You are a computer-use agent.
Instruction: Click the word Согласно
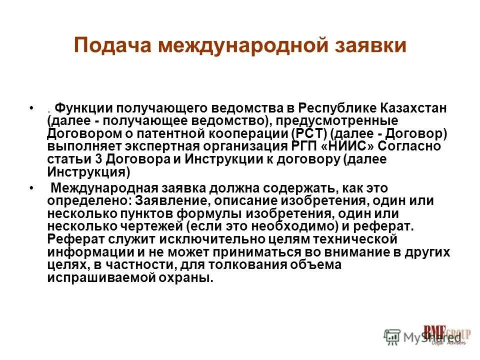tap(409, 146)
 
